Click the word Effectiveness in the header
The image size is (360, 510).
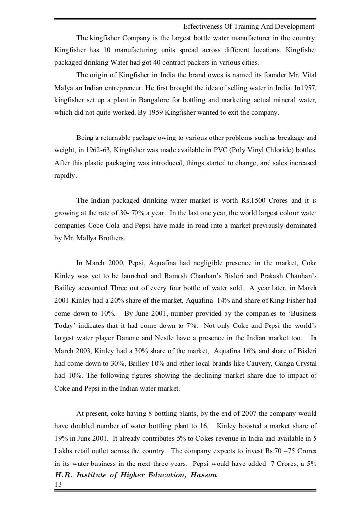click(x=203, y=26)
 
